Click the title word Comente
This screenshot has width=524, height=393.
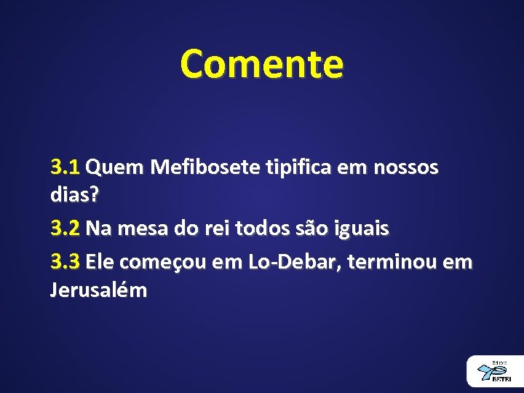click(x=262, y=64)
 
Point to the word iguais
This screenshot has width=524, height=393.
click(x=363, y=229)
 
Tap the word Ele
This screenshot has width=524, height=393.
click(x=100, y=261)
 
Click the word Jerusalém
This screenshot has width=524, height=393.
click(x=98, y=290)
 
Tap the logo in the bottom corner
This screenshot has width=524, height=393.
click(x=495, y=371)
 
